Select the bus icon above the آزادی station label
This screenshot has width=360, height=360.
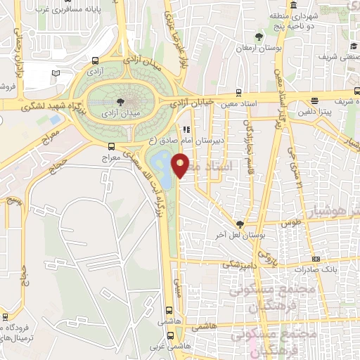95,61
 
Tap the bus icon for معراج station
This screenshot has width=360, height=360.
111,146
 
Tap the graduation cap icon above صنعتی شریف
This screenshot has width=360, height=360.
352,46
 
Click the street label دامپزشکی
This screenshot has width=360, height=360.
239,266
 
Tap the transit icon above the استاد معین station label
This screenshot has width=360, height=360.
239,91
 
